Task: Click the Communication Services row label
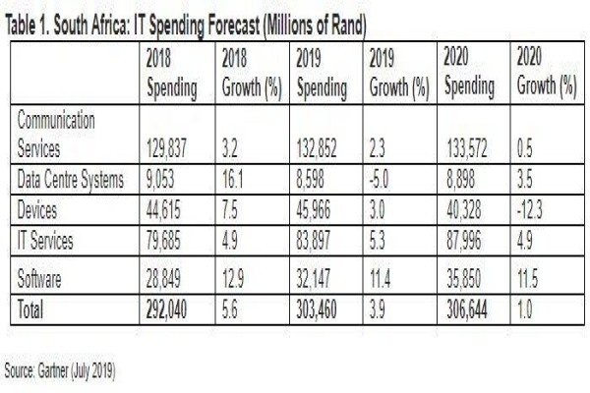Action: pos(56,135)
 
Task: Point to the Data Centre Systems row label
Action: pos(71,180)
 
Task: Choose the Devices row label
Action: pos(37,210)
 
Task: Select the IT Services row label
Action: pos(45,241)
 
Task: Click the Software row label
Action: pos(39,279)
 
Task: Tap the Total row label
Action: pos(30,309)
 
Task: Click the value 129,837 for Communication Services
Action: pos(166,148)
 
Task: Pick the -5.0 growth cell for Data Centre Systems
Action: pos(379,180)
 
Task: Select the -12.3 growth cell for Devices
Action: pos(529,210)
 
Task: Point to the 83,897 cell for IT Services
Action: pos(313,241)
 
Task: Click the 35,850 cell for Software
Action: pos(463,279)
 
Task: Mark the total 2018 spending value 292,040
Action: pos(166,309)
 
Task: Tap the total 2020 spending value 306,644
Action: pos(466,309)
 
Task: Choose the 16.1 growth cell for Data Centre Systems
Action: pos(232,180)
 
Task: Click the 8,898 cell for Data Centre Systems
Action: pos(460,180)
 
